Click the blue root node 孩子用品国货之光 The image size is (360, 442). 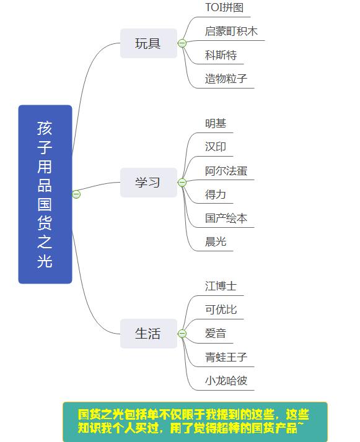coord(45,194)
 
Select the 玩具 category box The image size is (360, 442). coord(148,43)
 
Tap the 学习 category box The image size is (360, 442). coord(148,183)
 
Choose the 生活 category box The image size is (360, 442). coord(148,334)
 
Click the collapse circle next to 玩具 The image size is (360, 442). coord(182,43)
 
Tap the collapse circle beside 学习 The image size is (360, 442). coord(182,183)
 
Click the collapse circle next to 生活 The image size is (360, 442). coord(182,334)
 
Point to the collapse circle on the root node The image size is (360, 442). coord(76,194)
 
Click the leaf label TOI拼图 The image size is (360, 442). coord(224,8)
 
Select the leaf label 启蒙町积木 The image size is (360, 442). coord(231,32)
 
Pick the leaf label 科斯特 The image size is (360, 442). coord(221,55)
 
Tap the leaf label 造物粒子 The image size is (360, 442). coord(226,79)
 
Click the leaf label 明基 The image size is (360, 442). coord(216,123)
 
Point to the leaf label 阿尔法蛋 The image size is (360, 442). coord(226,171)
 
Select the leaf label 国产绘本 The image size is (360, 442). coord(226,219)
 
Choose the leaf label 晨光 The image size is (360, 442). coord(216,242)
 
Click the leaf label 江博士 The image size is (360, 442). coord(221,287)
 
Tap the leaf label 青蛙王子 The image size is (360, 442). coord(226,357)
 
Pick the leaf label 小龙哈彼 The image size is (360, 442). coord(226,381)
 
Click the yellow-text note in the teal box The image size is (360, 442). coord(195,422)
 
